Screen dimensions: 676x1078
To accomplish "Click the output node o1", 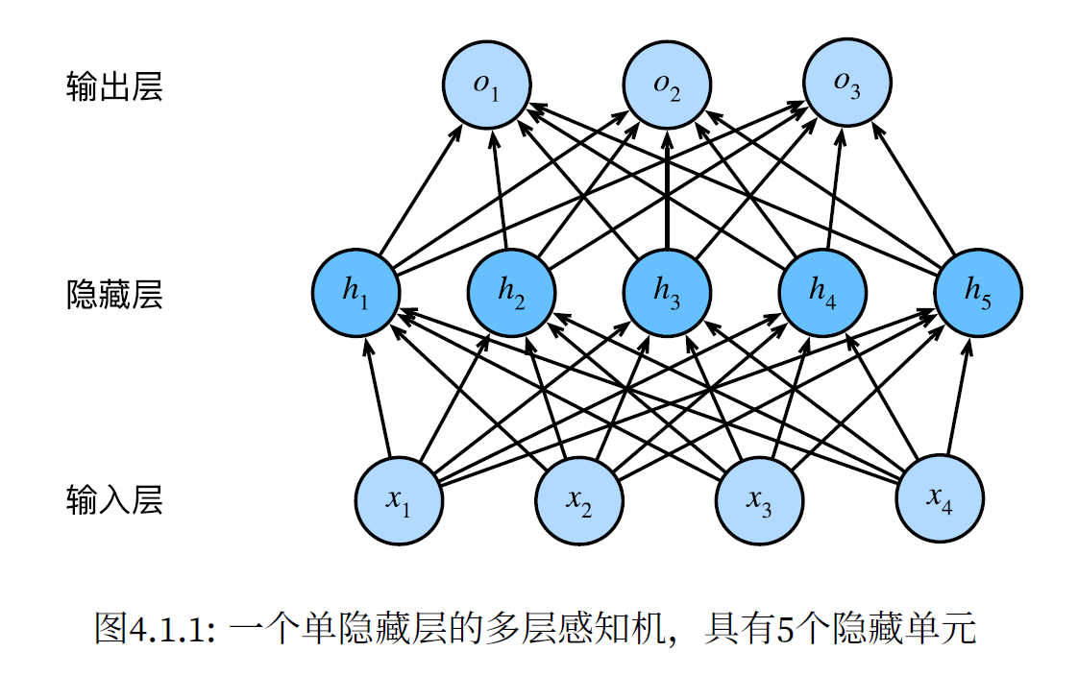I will pyautogui.click(x=486, y=85).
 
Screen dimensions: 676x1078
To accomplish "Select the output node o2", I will pyautogui.click(x=667, y=85).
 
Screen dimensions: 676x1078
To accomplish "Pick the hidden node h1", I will pyautogui.click(x=355, y=293).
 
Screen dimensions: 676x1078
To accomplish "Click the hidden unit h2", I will pyautogui.click(x=511, y=293).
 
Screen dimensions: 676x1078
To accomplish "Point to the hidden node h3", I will pyautogui.click(x=667, y=293).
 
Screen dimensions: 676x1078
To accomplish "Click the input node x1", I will pyautogui.click(x=398, y=500).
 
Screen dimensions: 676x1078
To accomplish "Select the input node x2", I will pyautogui.click(x=578, y=500).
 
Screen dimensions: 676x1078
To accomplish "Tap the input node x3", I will pyautogui.click(x=759, y=500).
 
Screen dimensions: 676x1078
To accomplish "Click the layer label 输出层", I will pyautogui.click(x=114, y=86).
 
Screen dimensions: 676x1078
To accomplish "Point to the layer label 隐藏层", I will pyautogui.click(x=114, y=294).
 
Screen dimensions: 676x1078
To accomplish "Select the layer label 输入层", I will pyautogui.click(x=114, y=500).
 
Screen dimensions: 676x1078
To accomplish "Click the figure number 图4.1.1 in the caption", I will pyautogui.click(x=159, y=630).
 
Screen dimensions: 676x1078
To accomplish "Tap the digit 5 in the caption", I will pyautogui.click(x=784, y=630).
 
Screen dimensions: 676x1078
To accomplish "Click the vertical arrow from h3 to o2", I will pyautogui.click(x=667, y=192).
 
